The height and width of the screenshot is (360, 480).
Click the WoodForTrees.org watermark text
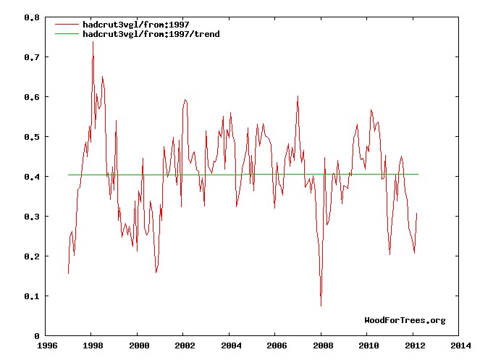point(405,320)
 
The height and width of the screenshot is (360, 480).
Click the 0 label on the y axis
point(37,336)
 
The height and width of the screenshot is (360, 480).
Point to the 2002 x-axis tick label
point(185,346)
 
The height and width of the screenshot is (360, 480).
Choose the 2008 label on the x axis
point(323,346)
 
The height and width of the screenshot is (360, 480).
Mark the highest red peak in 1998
point(93,41)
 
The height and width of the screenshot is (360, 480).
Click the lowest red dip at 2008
point(321,306)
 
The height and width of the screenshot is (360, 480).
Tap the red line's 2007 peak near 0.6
point(298,96)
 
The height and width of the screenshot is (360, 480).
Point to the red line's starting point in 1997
point(68,273)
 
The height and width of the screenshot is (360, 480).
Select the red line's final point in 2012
point(418,213)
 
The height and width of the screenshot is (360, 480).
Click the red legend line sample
point(67,24)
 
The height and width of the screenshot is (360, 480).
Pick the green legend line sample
point(67,34)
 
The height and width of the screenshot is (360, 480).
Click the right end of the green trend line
point(418,175)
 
